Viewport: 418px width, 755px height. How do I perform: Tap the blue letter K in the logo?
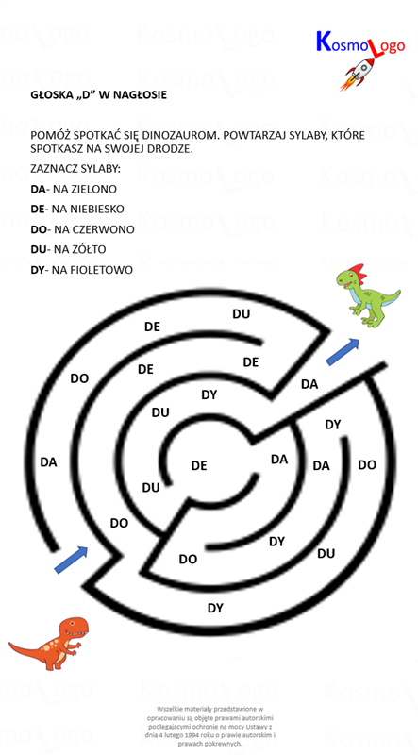click(x=323, y=42)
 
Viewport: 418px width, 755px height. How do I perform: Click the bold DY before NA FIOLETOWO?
click(x=37, y=270)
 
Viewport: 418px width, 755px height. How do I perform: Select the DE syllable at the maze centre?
click(x=199, y=466)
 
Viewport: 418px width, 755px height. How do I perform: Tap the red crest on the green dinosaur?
click(x=358, y=271)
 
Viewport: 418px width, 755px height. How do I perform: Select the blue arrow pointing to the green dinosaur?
click(x=343, y=351)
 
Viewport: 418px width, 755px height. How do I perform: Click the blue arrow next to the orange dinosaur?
click(x=71, y=560)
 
